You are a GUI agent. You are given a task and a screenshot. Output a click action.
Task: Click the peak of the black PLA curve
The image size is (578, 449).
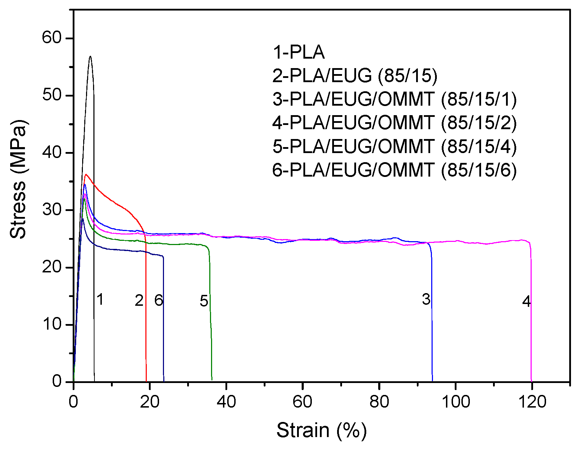click(90, 57)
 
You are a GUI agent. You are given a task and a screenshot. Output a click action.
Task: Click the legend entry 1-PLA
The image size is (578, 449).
click(298, 52)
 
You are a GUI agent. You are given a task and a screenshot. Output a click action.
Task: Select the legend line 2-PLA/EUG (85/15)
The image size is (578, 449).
click(355, 75)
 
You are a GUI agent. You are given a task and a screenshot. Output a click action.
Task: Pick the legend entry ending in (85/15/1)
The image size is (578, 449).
click(394, 99)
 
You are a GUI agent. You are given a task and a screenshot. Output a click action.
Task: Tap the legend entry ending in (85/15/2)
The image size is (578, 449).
click(394, 123)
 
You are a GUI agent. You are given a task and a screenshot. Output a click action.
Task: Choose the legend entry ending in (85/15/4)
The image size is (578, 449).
click(394, 146)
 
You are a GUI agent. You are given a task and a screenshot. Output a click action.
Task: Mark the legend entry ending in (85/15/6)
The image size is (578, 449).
click(394, 170)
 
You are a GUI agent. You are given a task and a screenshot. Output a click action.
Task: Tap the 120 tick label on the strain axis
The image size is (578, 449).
click(532, 401)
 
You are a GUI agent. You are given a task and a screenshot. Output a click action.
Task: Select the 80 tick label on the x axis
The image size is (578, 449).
click(379, 401)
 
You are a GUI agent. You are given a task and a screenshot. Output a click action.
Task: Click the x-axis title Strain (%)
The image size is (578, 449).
click(321, 430)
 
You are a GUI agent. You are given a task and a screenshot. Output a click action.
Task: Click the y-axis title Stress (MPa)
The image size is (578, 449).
click(18, 179)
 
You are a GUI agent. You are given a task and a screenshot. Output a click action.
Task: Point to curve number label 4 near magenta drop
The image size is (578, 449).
click(526, 302)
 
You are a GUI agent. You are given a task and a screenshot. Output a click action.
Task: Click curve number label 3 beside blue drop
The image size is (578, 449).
click(426, 299)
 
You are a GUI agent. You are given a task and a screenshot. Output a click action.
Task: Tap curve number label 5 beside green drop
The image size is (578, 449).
click(204, 301)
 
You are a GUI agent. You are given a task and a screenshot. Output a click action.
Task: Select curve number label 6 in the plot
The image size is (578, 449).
click(158, 300)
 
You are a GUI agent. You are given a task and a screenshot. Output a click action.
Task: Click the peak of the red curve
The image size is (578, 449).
click(86, 174)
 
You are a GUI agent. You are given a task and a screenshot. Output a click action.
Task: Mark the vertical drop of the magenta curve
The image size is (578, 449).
click(531, 316)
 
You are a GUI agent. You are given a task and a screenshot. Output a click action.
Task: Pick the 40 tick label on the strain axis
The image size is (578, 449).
click(226, 401)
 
